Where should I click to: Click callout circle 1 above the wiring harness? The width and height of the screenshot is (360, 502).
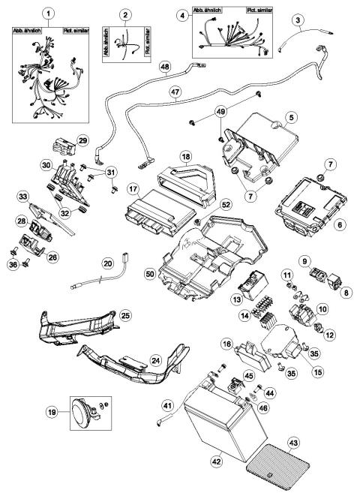(x=49, y=14)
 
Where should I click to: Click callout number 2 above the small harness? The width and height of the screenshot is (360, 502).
(x=125, y=14)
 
